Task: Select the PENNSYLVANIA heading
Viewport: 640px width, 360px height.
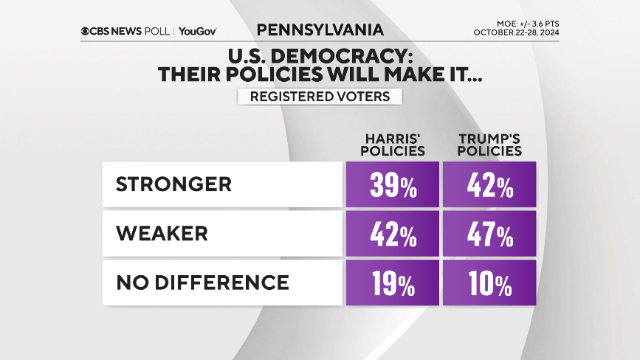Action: point(320,30)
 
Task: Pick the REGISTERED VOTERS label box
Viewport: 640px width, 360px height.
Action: point(320,97)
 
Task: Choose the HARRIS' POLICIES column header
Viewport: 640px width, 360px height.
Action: point(393,145)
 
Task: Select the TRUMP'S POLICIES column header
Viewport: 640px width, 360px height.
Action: point(489,145)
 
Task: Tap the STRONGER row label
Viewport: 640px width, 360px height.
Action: point(173,184)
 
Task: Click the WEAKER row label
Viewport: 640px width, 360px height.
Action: point(162,233)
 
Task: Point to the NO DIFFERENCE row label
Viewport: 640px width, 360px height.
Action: point(202,282)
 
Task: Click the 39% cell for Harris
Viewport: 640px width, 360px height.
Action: point(393,184)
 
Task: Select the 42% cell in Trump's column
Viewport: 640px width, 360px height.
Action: point(489,184)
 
